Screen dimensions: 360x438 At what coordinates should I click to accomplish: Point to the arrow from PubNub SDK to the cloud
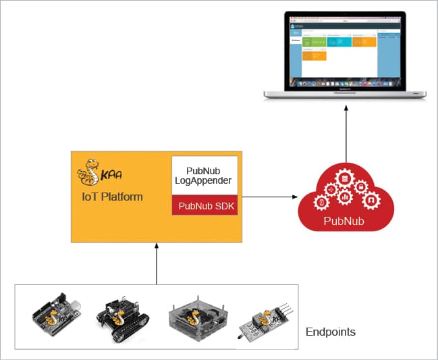[x=270, y=197]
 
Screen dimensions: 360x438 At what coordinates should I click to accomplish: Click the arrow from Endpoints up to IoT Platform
[x=156, y=263]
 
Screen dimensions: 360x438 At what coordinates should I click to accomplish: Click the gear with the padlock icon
[x=362, y=186]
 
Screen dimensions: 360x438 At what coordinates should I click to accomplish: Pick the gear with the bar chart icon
[x=345, y=197]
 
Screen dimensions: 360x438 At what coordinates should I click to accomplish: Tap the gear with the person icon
[x=370, y=201]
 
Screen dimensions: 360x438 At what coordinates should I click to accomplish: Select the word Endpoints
[x=331, y=332]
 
